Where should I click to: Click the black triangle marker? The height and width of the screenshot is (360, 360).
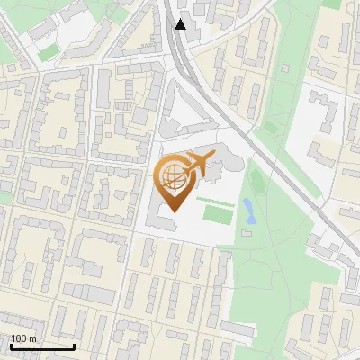coord(181,24)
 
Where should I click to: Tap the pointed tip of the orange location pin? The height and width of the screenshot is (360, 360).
coord(173,211)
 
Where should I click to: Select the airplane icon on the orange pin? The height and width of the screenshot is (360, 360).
coord(197,165)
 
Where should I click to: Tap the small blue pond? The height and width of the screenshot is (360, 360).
coord(247,211)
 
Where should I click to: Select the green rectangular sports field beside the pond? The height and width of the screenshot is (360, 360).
coord(216,214)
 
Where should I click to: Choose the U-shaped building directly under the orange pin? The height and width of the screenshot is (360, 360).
coord(166,220)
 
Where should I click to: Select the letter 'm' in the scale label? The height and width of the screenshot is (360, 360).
coord(32,339)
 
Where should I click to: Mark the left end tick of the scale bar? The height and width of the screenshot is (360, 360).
coord(11,346)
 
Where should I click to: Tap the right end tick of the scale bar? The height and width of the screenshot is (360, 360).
coord(75,346)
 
